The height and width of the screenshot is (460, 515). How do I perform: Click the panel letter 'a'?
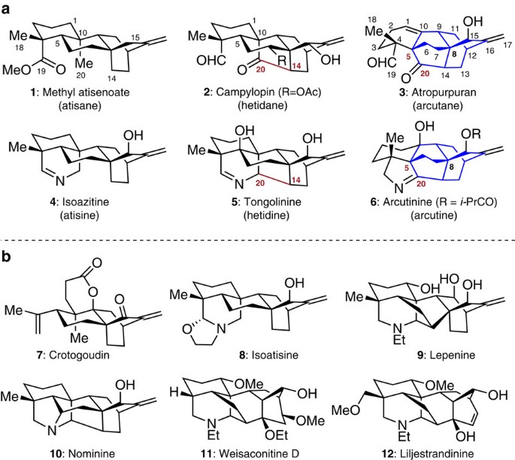pos(8,8)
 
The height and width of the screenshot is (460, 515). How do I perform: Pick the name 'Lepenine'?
pos(425,347)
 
